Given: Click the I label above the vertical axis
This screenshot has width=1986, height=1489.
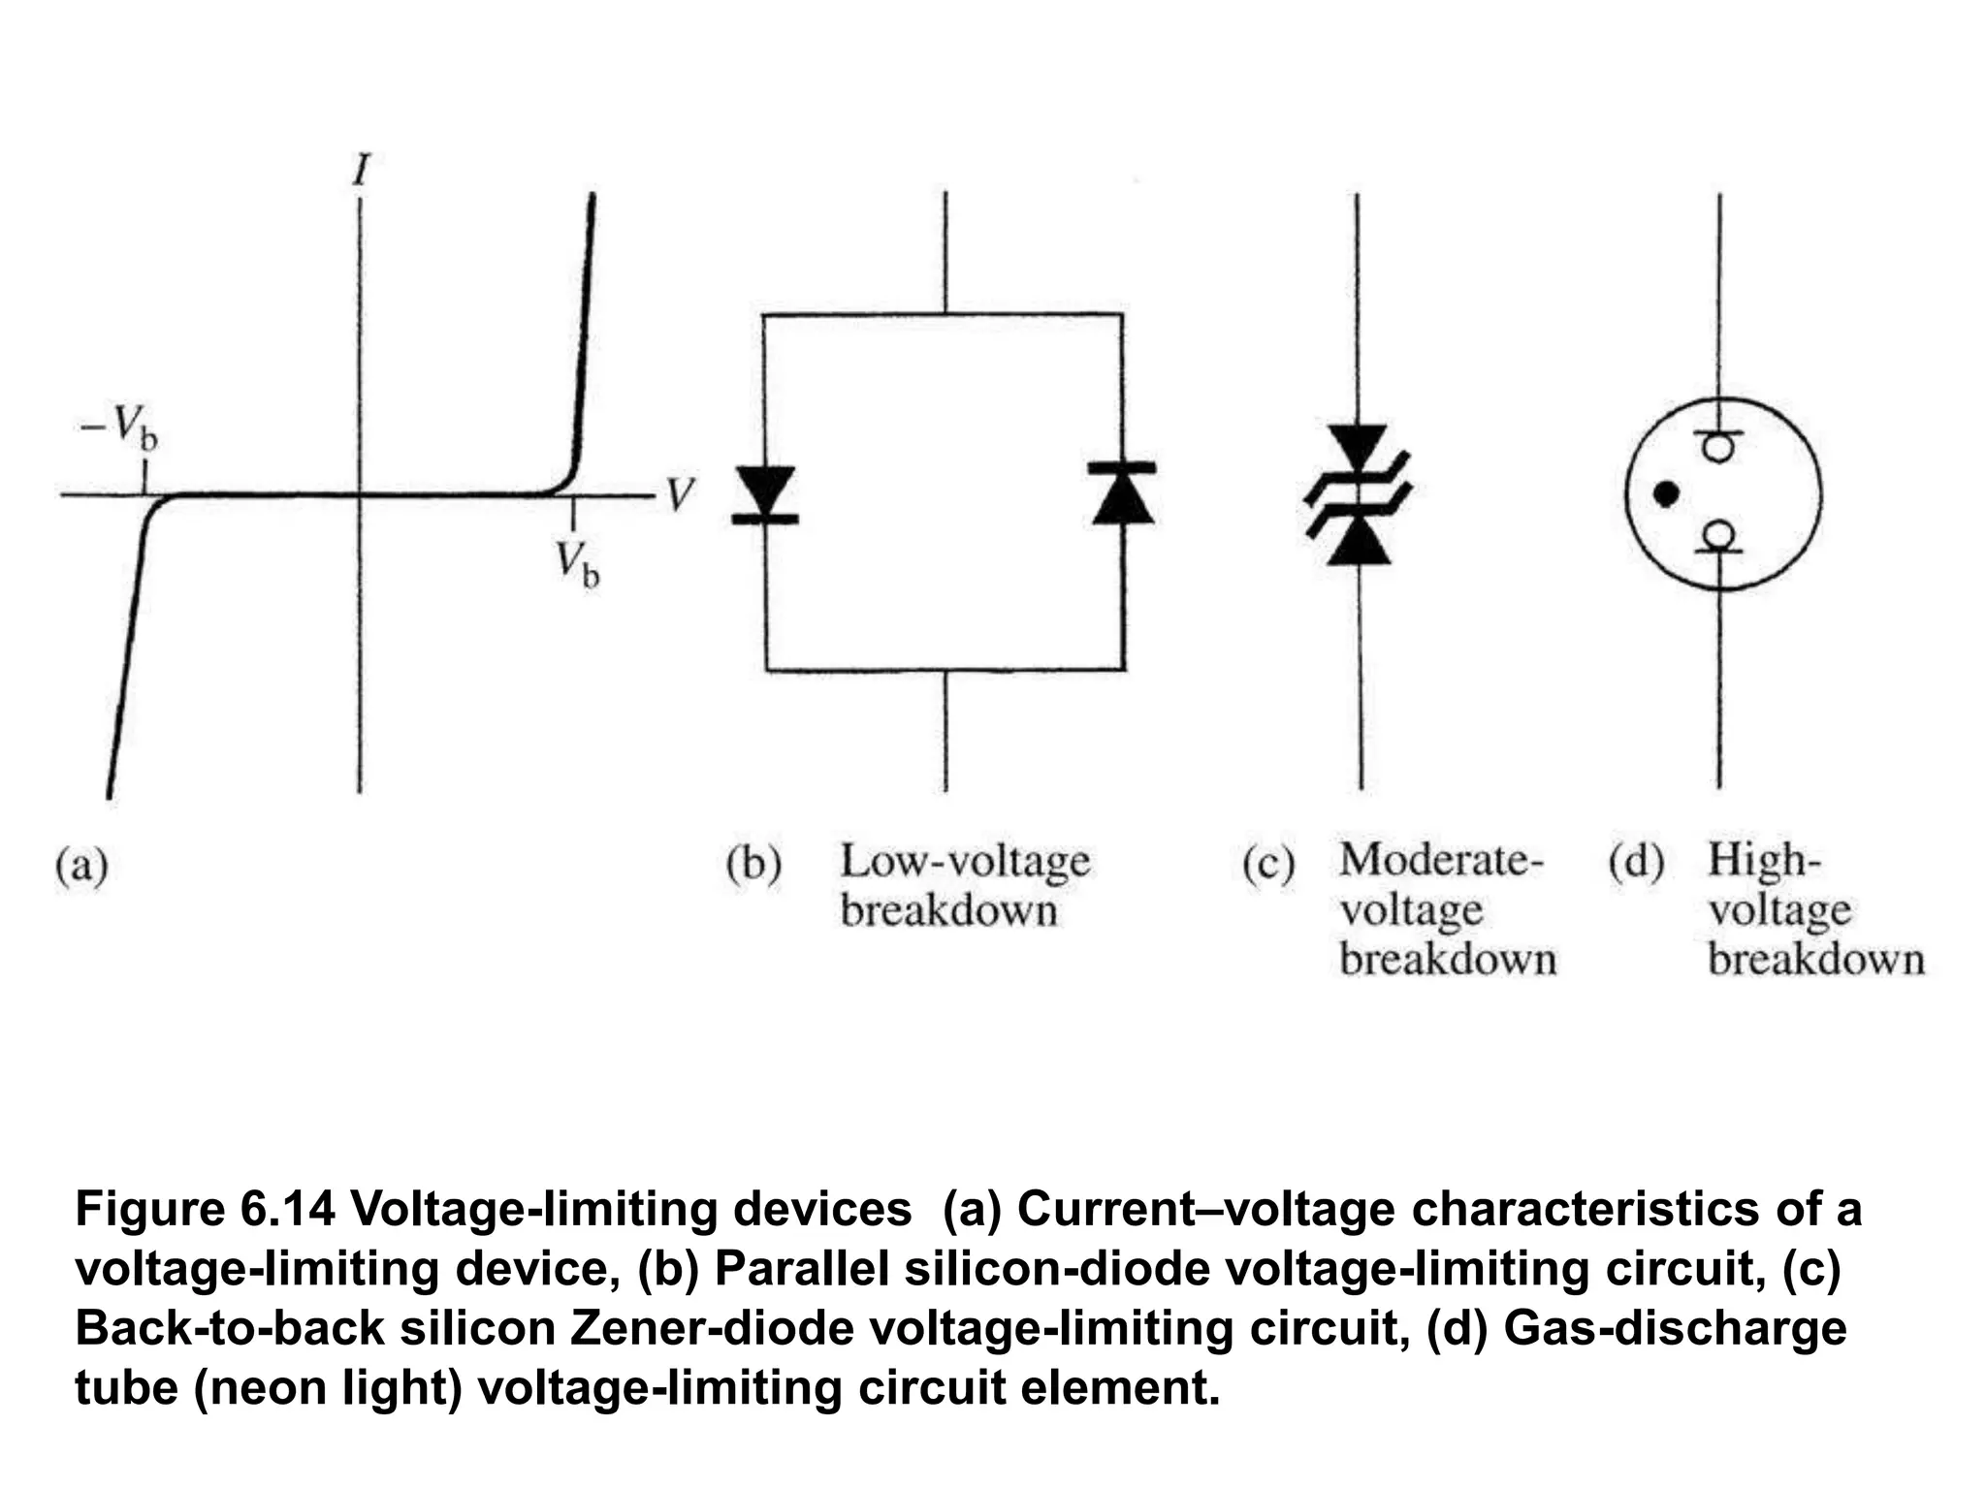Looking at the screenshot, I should click(361, 172).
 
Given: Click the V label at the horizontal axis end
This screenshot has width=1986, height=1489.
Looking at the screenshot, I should click(680, 495).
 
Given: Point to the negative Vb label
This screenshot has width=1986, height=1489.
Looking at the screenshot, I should click(119, 428).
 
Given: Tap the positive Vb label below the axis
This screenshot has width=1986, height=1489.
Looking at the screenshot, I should click(577, 564).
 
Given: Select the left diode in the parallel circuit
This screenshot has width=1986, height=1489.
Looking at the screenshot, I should click(765, 494).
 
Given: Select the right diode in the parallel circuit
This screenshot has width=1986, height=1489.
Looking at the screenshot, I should click(1123, 494).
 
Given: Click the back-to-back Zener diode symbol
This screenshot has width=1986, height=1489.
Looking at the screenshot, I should click(1358, 495).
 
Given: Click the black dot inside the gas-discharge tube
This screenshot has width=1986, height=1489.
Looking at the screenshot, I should click(1666, 494).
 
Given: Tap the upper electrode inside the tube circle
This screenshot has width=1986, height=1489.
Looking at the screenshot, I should click(1718, 446).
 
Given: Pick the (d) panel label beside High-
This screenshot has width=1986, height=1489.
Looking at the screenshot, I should click(1636, 861).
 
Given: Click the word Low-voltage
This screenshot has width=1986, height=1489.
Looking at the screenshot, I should click(965, 862).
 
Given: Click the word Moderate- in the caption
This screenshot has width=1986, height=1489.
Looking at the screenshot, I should click(1440, 860).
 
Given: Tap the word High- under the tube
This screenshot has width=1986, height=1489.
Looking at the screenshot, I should click(1764, 861).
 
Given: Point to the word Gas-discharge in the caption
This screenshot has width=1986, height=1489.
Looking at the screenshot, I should click(1675, 1328).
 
